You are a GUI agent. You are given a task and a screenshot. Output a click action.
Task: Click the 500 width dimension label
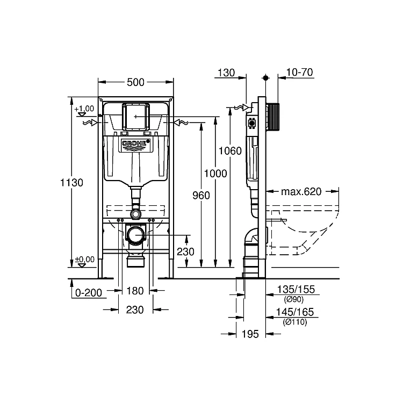click(135, 83)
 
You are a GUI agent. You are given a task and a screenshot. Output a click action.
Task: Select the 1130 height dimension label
click(71, 183)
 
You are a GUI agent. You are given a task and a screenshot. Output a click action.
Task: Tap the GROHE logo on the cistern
click(135, 143)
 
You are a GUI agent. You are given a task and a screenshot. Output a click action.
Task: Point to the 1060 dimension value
click(230, 151)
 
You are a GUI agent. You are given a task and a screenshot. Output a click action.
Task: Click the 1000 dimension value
click(215, 174)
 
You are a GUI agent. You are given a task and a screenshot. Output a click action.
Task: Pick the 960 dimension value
click(201, 196)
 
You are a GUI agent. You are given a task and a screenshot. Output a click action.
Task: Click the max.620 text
click(301, 192)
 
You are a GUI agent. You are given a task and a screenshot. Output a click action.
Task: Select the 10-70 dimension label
click(300, 72)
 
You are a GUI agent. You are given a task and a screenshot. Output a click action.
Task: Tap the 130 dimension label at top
click(226, 73)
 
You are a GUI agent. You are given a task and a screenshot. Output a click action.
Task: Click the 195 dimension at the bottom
click(250, 334)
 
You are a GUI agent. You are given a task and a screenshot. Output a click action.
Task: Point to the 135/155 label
click(296, 290)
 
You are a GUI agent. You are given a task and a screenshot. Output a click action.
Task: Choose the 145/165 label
click(295, 312)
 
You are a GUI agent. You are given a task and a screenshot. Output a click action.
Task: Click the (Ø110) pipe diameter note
click(295, 322)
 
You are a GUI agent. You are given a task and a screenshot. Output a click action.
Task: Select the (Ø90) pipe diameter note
click(294, 299)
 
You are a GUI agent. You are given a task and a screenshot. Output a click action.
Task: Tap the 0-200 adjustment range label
click(89, 293)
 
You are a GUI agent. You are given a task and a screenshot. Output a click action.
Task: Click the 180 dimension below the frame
click(135, 291)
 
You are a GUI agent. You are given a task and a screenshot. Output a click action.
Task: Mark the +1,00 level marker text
click(84, 109)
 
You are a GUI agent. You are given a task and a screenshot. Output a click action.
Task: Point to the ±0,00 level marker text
click(85, 260)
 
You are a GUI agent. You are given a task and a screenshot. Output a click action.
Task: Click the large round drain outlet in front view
click(136, 234)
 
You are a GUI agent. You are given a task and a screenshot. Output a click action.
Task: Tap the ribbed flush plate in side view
click(272, 117)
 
